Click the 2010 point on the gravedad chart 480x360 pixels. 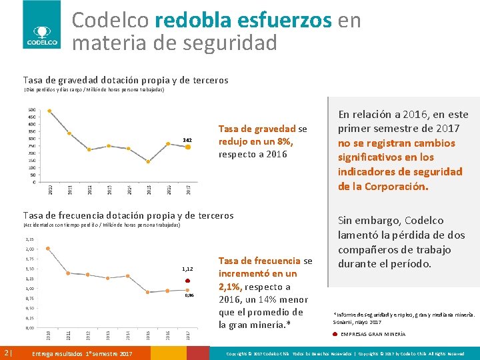(x=49, y=111)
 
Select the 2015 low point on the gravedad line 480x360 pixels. (x=148, y=161)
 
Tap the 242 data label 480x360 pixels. (x=187, y=139)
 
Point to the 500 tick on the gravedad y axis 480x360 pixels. (x=32, y=110)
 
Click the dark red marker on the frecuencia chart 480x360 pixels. (x=189, y=281)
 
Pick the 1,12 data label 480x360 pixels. (x=187, y=269)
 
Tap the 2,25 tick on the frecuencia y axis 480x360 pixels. (x=30, y=239)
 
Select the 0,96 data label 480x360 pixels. (x=189, y=295)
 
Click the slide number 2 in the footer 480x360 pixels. (x=6, y=353)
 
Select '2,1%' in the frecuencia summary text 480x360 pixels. (x=233, y=287)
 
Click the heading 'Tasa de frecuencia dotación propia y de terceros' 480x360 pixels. (x=128, y=215)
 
